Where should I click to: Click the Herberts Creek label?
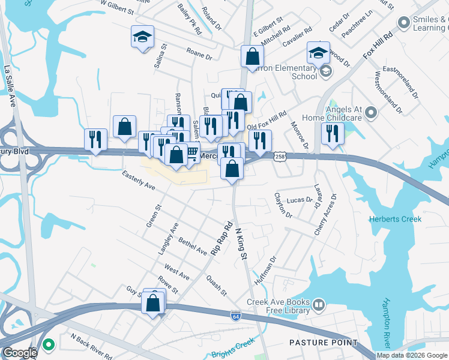[x=395, y=219]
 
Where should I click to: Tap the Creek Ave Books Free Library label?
[x=278, y=306]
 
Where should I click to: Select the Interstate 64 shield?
[x=236, y=314]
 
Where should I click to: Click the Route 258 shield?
[x=280, y=157]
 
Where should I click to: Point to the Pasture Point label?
[x=323, y=343]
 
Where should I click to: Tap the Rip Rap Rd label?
[x=221, y=239]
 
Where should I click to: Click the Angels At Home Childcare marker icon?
[x=371, y=112]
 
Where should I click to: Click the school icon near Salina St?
[x=143, y=37]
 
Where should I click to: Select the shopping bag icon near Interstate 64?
[x=153, y=303]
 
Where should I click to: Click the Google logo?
[x=20, y=353]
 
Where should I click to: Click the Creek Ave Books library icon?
[x=318, y=306]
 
